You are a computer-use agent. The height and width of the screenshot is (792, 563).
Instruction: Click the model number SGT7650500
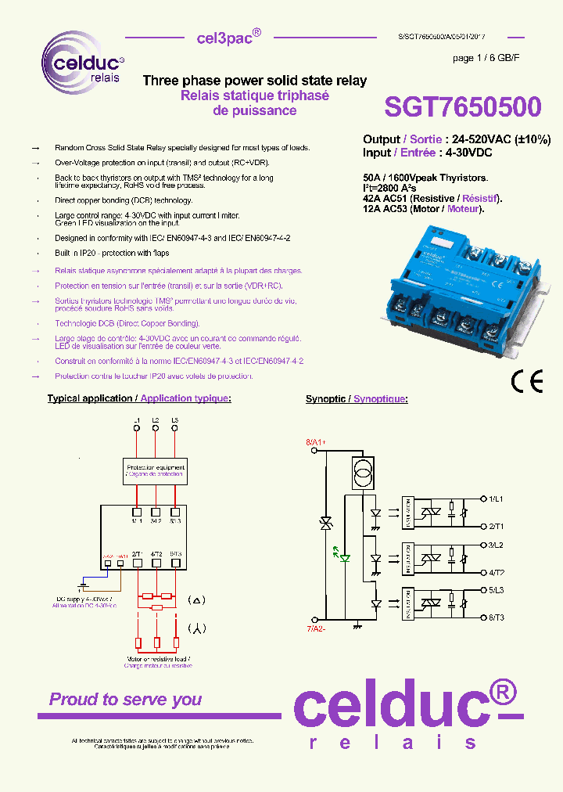pyautogui.click(x=462, y=108)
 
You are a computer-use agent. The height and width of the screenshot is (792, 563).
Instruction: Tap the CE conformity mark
pyautogui.click(x=526, y=381)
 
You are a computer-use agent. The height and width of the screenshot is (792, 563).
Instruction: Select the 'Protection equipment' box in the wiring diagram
pyautogui.click(x=156, y=470)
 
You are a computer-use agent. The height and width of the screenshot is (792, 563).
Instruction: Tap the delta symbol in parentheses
pyautogui.click(x=195, y=600)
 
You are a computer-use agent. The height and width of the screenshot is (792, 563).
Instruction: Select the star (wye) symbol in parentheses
pyautogui.click(x=195, y=628)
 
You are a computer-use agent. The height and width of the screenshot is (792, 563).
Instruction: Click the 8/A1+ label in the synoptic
pyautogui.click(x=316, y=443)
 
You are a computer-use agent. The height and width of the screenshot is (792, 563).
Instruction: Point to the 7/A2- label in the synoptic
pyautogui.click(x=316, y=628)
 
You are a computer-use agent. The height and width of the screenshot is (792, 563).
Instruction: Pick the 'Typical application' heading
pyautogui.click(x=90, y=398)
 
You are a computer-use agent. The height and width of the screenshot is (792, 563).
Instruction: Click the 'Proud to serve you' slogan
pyautogui.click(x=125, y=699)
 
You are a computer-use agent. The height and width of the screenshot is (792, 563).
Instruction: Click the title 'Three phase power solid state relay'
pyautogui.click(x=254, y=81)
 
